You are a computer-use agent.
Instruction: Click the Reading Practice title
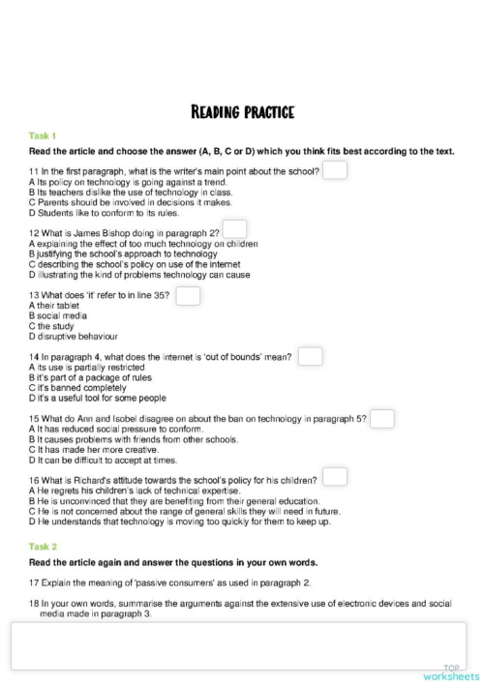point(242,112)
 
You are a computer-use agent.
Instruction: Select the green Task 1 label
point(43,135)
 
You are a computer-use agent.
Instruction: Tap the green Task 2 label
point(43,547)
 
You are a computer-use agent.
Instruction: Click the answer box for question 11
point(335,170)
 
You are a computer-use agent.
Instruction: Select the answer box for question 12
point(234,229)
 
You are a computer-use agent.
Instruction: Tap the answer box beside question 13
point(188,295)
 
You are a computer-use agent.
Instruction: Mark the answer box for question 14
point(310,356)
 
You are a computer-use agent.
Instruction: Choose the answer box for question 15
point(382,418)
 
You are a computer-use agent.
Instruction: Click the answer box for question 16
point(335,477)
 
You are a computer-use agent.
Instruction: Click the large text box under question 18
point(237,645)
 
